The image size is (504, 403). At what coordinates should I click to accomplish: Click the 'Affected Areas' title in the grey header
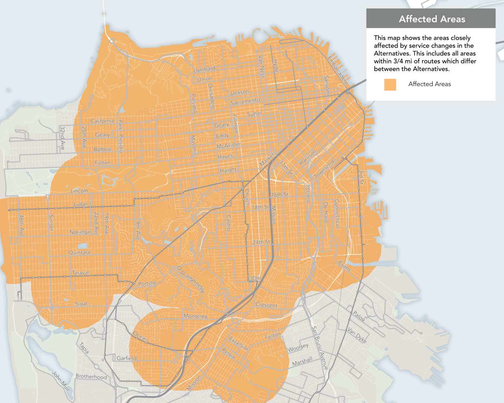pos(432,19)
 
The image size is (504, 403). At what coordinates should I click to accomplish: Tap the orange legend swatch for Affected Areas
pos(390,85)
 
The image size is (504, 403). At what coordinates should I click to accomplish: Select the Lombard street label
pos(204,69)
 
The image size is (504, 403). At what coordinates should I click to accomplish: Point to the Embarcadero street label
pos(337,70)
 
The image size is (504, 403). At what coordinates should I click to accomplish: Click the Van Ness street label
pos(261,67)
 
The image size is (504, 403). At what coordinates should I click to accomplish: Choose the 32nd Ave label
pos(62,138)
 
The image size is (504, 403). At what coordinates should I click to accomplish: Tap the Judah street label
pos(80,204)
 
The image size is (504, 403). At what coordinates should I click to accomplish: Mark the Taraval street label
pos(80,272)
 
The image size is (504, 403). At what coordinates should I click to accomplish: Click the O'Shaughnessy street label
pos(191,279)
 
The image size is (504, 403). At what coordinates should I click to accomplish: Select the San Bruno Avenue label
pos(320,348)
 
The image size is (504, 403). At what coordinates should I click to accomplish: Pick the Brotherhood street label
pos(91,376)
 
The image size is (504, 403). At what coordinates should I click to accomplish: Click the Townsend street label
pos(324,169)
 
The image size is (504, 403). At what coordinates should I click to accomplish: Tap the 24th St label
pos(261,242)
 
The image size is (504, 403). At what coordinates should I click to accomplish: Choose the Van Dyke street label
pos(357,335)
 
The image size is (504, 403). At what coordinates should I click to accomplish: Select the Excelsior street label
pos(239,343)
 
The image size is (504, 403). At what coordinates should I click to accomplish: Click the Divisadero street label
pos(212,96)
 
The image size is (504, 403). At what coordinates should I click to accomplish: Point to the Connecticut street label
pos(337,213)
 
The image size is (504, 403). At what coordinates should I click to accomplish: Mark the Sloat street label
pos(81,304)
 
